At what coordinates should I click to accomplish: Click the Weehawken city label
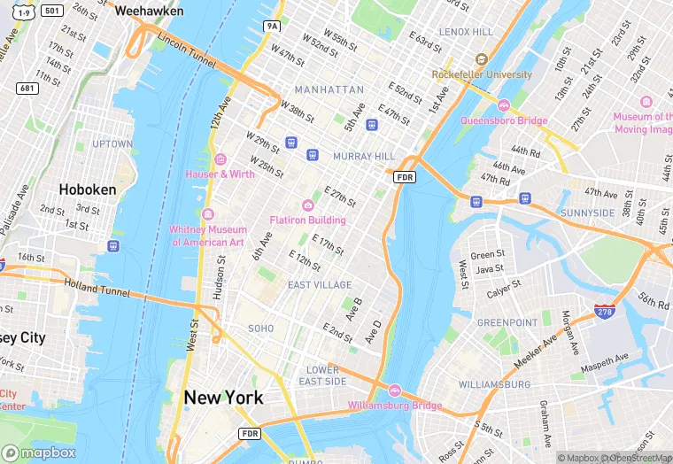tap(150, 11)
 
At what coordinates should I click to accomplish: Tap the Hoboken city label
tap(81, 189)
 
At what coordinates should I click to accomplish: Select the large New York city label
tap(223, 398)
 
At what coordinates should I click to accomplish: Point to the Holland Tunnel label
tap(97, 286)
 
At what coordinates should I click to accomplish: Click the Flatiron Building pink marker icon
tap(308, 205)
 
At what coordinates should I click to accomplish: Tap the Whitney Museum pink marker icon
tap(208, 215)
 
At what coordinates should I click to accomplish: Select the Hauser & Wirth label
tap(220, 174)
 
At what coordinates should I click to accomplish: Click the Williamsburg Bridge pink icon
tap(395, 391)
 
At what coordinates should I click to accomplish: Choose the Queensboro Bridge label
tap(504, 120)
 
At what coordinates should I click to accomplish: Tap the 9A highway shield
tap(272, 27)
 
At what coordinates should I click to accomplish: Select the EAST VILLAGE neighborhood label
tap(320, 284)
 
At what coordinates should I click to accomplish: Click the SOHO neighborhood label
tap(260, 328)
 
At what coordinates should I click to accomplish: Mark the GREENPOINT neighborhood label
tap(507, 323)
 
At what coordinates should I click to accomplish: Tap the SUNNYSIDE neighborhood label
tap(587, 213)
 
